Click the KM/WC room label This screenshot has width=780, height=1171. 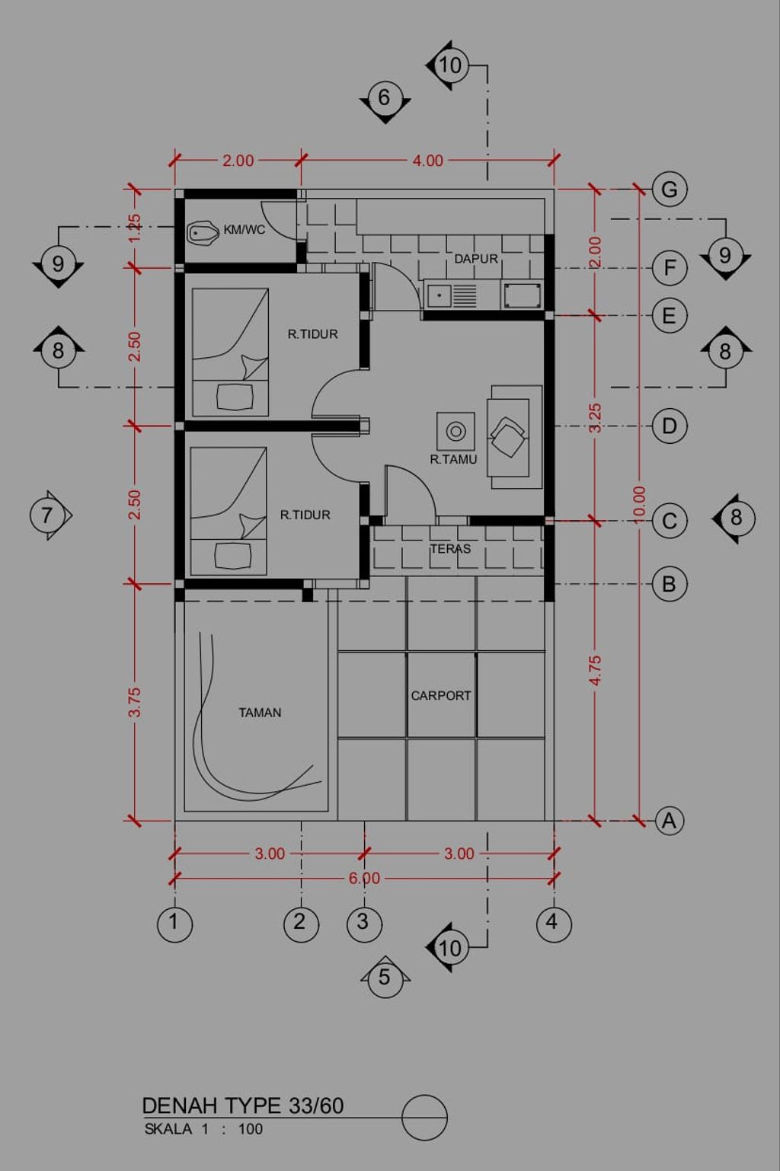tap(245, 229)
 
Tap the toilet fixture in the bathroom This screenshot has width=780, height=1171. tap(203, 233)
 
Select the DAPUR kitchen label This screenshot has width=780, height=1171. tap(476, 259)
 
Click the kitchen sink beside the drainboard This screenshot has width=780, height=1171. tap(439, 295)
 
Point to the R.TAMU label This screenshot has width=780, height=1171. tap(453, 460)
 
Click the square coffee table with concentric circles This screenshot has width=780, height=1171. tap(456, 431)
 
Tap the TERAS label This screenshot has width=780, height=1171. tap(450, 549)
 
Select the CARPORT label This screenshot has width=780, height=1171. tap(441, 696)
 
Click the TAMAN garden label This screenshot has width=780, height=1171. tap(260, 713)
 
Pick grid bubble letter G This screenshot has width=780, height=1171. tap(670, 190)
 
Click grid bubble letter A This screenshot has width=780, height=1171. tap(669, 821)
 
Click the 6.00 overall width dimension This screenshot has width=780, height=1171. tap(364, 879)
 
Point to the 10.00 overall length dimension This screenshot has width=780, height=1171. tap(639, 503)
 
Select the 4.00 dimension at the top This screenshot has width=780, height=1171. tap(428, 161)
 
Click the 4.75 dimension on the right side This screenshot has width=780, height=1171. tap(596, 671)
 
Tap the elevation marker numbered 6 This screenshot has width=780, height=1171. tap(385, 97)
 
